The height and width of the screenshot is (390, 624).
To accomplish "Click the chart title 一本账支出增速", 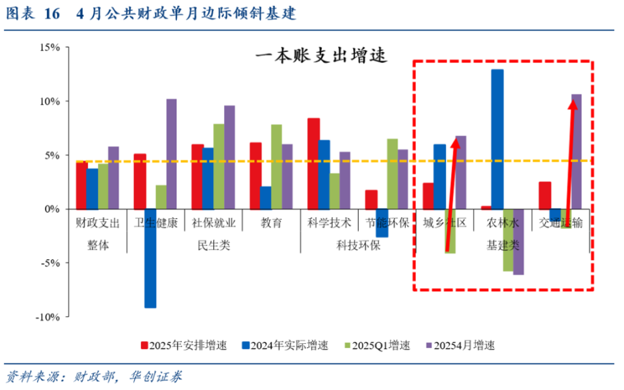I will pyautogui.click(x=321, y=56).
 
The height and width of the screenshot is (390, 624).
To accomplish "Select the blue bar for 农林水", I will pyautogui.click(x=497, y=139).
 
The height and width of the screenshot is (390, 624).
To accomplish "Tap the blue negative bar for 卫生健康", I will pyautogui.click(x=150, y=258).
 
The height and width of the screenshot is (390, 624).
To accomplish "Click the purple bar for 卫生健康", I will pyautogui.click(x=171, y=153).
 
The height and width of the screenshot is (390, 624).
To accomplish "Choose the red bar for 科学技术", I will pyautogui.click(x=313, y=163).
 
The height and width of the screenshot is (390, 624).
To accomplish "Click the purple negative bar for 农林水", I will pyautogui.click(x=518, y=241).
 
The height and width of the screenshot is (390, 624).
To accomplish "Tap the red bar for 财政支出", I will pyautogui.click(x=81, y=185).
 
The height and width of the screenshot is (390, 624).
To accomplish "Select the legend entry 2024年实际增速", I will pyautogui.click(x=289, y=345).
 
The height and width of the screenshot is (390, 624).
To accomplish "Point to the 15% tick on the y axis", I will pyautogui.click(x=49, y=47).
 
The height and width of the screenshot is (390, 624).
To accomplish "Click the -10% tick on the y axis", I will pyautogui.click(x=48, y=317).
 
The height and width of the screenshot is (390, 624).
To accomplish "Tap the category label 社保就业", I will pyautogui.click(x=213, y=223).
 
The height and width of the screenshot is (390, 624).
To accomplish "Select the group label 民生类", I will pyautogui.click(x=213, y=245).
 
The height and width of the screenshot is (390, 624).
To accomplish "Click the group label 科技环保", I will pyautogui.click(x=358, y=245).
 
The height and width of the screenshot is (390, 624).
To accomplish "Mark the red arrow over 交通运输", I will pyautogui.click(x=571, y=162).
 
